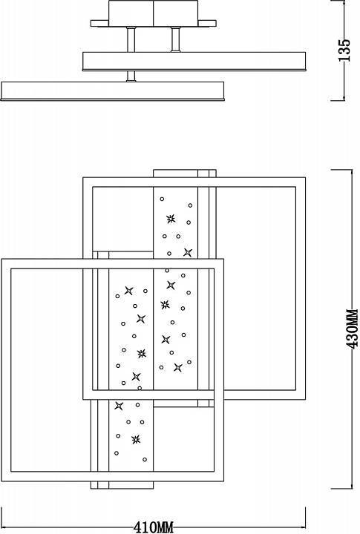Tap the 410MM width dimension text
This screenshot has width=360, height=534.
click(x=154, y=527)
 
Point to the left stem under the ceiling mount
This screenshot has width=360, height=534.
click(x=131, y=38)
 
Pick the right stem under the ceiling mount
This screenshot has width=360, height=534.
click(x=177, y=38)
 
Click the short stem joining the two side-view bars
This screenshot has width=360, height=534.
click(x=131, y=75)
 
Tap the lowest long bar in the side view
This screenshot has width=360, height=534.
click(x=112, y=90)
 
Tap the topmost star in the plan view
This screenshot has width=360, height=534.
click(x=171, y=219)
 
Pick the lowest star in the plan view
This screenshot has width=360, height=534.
click(x=135, y=440)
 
